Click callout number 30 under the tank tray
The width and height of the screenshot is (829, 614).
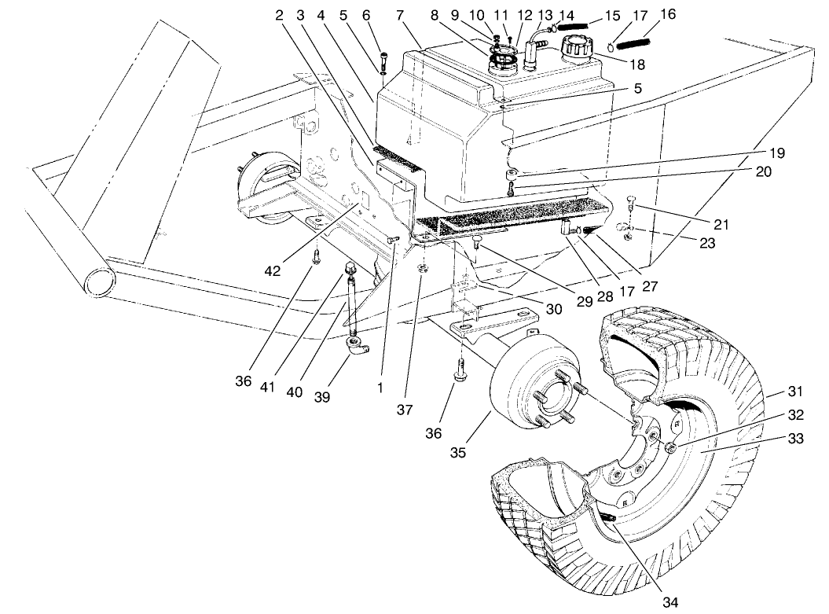553,310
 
